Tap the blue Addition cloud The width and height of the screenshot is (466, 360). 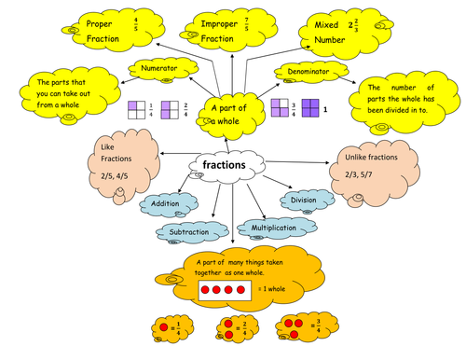pos(167,202)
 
